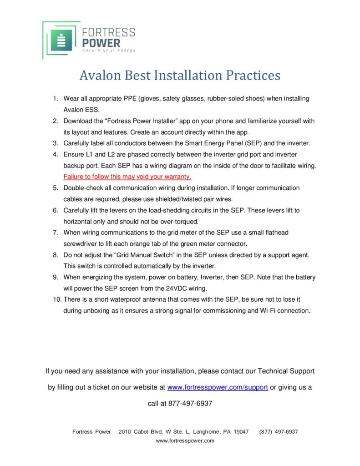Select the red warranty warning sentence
pos(127,176)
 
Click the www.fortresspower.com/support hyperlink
pos(218,387)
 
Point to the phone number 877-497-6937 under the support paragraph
pos(190,403)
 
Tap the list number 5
pos(55,187)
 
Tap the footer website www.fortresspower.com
pos(185,441)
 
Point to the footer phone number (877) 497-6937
pos(279,432)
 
